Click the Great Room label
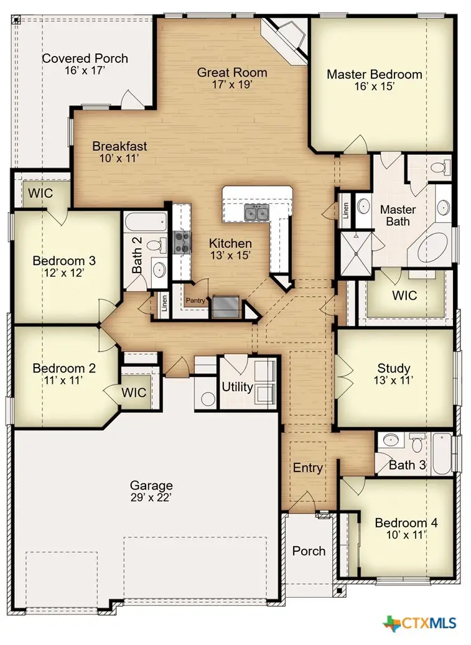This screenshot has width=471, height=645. click(232, 72)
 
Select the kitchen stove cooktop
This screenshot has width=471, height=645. click(182, 242)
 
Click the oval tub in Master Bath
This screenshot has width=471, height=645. click(432, 247)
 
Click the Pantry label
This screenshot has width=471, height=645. click(195, 300)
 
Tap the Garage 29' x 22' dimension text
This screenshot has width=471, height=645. click(151, 498)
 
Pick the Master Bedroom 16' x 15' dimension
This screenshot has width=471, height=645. click(375, 86)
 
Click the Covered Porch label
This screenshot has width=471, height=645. click(85, 58)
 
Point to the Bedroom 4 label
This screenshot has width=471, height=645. click(406, 523)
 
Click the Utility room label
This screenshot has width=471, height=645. click(237, 387)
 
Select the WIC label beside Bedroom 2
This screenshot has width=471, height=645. click(134, 392)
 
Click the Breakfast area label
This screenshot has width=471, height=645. click(119, 146)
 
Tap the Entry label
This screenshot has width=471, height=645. click(308, 468)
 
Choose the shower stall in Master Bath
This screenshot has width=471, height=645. click(357, 253)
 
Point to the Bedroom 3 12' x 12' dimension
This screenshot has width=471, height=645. click(64, 272)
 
